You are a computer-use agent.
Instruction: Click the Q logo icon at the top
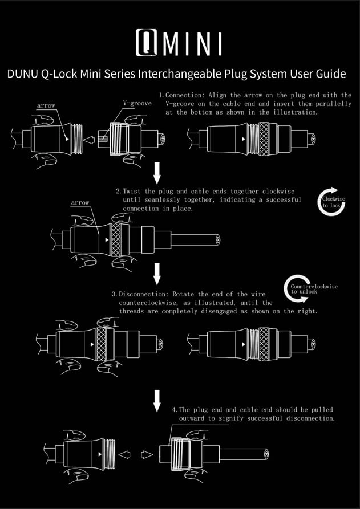click(147, 43)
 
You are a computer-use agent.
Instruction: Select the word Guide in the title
click(329, 74)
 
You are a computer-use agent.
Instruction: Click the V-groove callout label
click(137, 104)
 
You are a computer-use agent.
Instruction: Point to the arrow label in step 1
click(46, 106)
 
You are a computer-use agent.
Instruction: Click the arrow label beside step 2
click(80, 203)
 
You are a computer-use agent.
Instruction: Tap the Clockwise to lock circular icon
click(331, 202)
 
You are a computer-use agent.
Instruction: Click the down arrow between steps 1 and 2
click(157, 172)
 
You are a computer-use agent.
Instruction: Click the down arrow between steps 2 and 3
click(157, 273)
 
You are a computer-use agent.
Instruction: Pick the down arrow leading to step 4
click(157, 400)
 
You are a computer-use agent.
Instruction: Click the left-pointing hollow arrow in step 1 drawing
click(88, 139)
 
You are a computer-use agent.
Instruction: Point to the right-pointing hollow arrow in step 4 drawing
click(147, 455)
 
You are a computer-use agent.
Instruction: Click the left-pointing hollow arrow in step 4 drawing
click(124, 455)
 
